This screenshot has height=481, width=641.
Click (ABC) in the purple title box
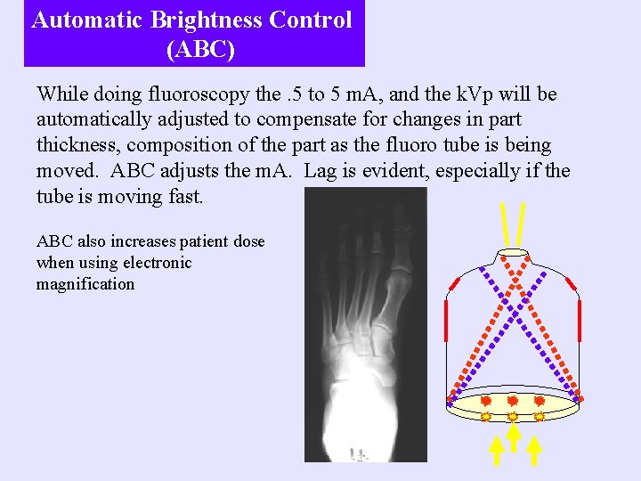(200, 50)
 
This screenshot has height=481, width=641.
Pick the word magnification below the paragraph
(85, 284)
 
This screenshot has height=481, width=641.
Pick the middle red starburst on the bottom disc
(513, 401)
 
